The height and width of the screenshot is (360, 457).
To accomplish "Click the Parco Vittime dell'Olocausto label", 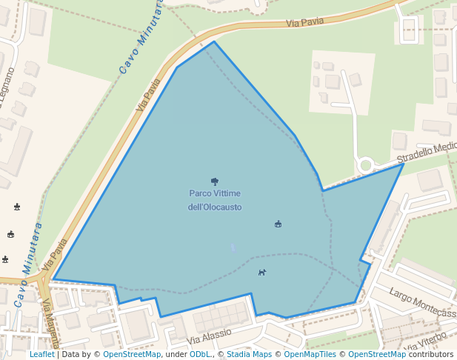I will [215, 200].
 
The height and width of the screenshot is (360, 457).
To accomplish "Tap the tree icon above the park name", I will [215, 181].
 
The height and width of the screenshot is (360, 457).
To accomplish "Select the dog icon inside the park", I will [262, 272].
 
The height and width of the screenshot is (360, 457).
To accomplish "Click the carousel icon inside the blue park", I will [278, 224].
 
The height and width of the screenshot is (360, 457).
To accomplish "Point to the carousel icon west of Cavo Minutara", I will [10, 234].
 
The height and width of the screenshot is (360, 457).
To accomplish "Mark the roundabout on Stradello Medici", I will [364, 165].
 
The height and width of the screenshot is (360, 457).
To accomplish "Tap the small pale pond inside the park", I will [233, 248].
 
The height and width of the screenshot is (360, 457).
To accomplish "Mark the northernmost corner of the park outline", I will [214, 41].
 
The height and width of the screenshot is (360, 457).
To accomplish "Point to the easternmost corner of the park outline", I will [404, 164].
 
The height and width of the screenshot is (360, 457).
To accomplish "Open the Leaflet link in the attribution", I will [41, 354].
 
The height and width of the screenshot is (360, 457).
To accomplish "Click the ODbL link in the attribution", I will [200, 354].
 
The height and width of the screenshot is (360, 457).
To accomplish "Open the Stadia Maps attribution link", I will [249, 354].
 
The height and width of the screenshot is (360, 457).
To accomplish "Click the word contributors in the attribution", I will [430, 354].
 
